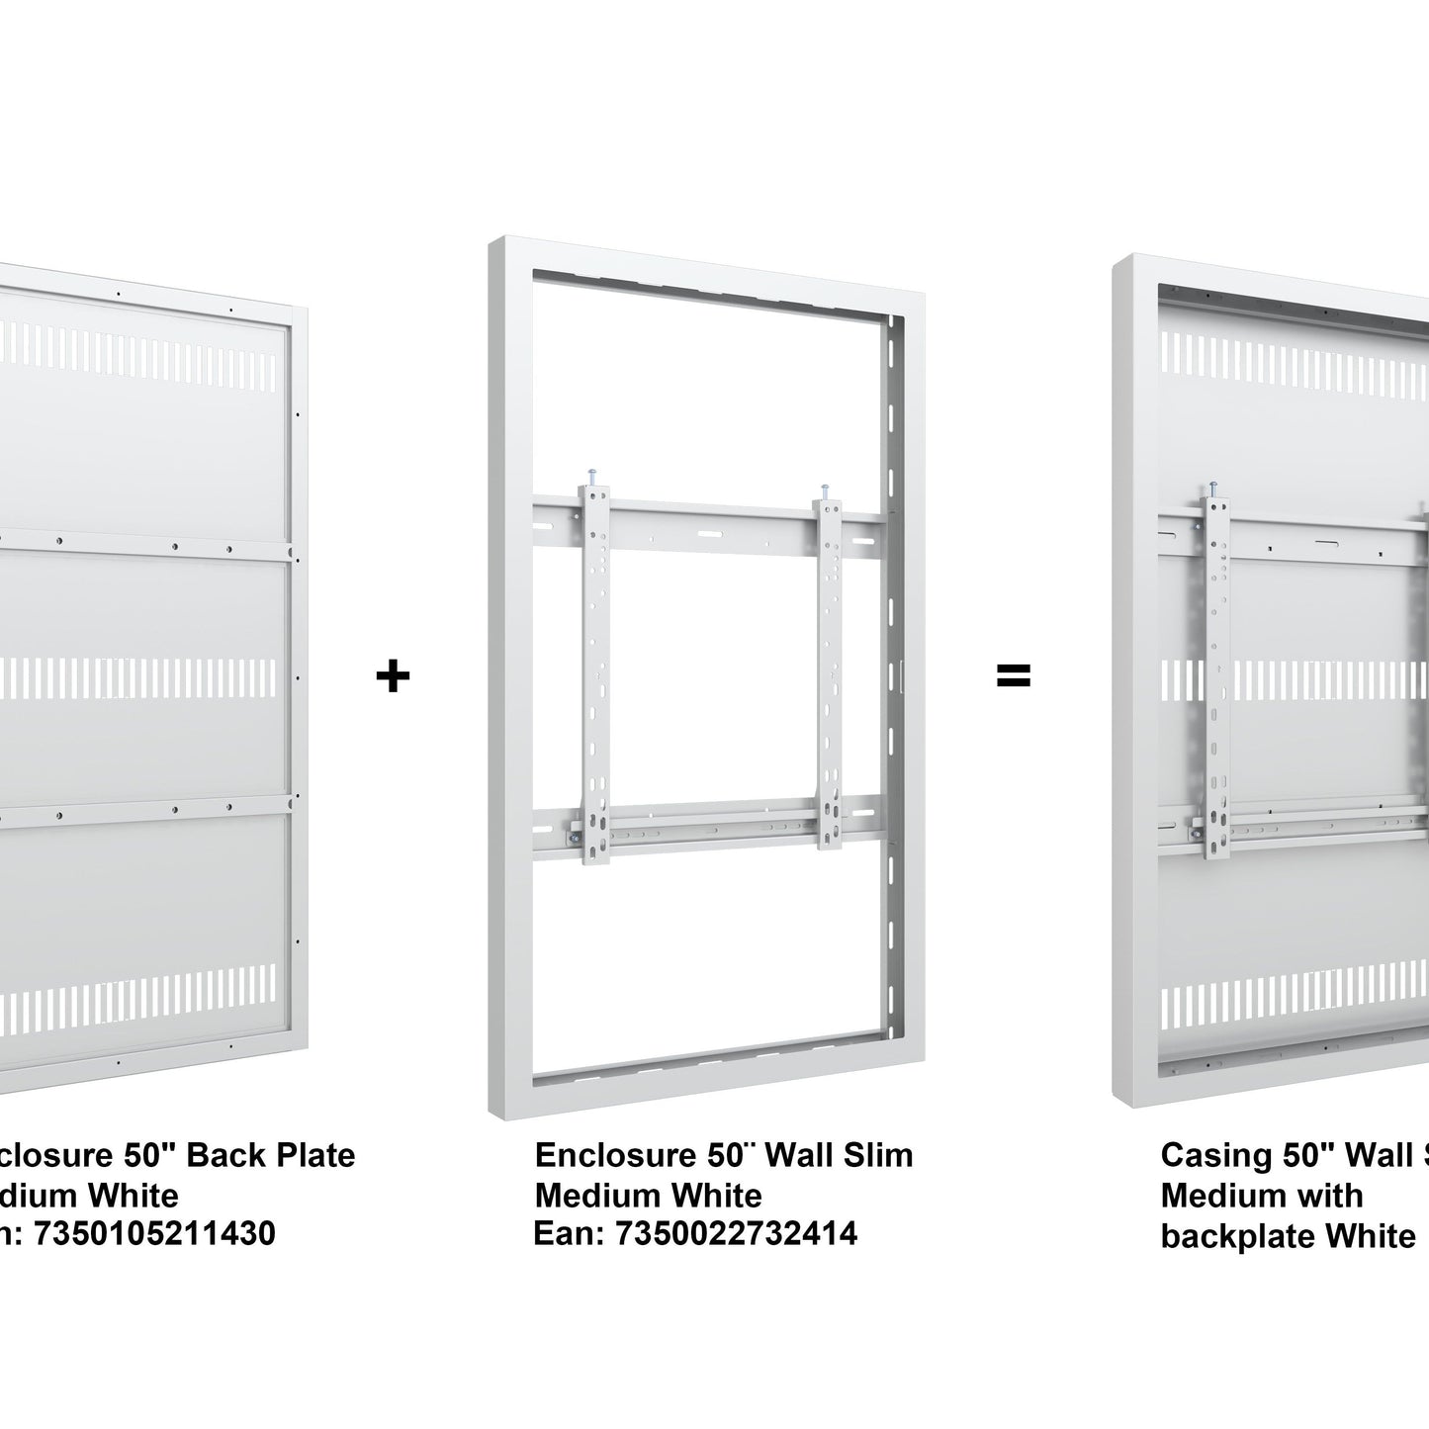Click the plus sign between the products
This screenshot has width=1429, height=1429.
click(393, 676)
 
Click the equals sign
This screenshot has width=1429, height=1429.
click(1013, 676)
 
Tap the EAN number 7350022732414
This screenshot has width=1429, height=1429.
click(736, 1233)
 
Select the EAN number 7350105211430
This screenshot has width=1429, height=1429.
click(154, 1233)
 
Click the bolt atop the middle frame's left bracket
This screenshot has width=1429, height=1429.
click(591, 477)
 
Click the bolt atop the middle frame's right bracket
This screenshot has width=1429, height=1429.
click(824, 491)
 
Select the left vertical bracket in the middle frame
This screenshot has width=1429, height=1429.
click(595, 672)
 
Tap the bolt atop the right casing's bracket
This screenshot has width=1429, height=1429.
click(1213, 489)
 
